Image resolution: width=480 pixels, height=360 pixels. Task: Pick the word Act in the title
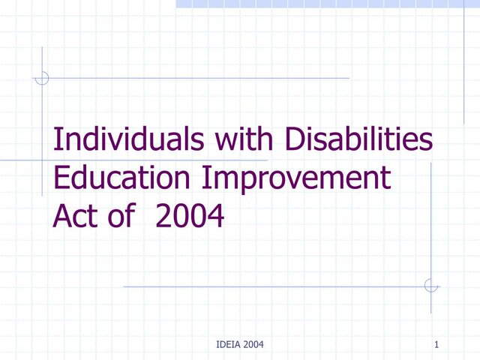(x=75, y=217)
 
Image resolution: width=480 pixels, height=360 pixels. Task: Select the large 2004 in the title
(x=190, y=217)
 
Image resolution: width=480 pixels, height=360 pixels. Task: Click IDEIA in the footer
(x=226, y=344)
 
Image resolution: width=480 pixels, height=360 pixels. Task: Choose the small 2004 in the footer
(x=252, y=344)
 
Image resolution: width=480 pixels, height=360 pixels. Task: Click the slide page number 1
(x=436, y=344)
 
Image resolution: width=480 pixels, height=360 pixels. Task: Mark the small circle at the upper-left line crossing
(x=42, y=77)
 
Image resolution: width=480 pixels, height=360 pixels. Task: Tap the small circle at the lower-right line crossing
(x=431, y=285)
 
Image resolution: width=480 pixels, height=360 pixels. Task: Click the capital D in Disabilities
(x=295, y=141)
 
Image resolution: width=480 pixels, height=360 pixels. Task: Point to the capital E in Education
(x=61, y=180)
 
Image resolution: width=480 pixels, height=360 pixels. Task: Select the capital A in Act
(x=62, y=217)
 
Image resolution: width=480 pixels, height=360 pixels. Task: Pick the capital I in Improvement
(x=208, y=180)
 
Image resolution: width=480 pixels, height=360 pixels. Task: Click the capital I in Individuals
(x=58, y=141)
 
